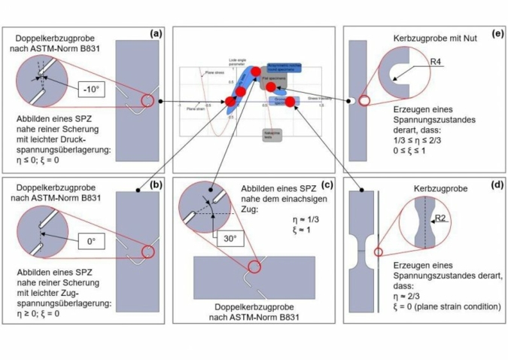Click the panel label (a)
pos(156,33)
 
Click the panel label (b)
pos(156,184)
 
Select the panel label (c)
pos(326,185)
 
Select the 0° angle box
pos(94,243)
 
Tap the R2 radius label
pos(441,220)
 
